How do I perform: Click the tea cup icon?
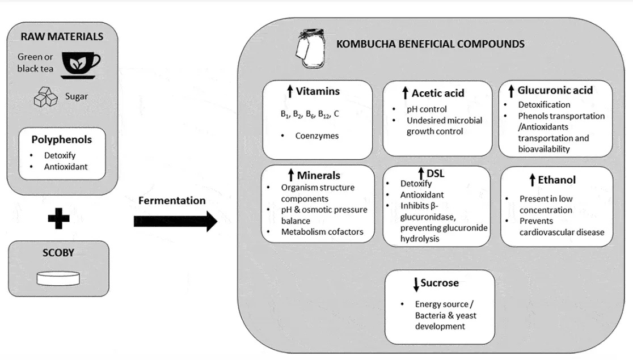pos(81,64)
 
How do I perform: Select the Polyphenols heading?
pos(62,139)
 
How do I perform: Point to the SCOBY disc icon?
pos(57,278)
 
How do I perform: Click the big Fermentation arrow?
pos(175,221)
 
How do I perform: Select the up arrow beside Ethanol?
pos(532,180)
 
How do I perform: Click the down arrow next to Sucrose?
pos(416,284)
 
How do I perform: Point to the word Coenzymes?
pos(317,136)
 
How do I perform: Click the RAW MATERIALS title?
pos(62,37)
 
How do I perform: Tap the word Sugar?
pos(77,96)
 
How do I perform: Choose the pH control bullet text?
pos(427,109)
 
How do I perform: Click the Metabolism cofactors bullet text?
pos(322,231)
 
